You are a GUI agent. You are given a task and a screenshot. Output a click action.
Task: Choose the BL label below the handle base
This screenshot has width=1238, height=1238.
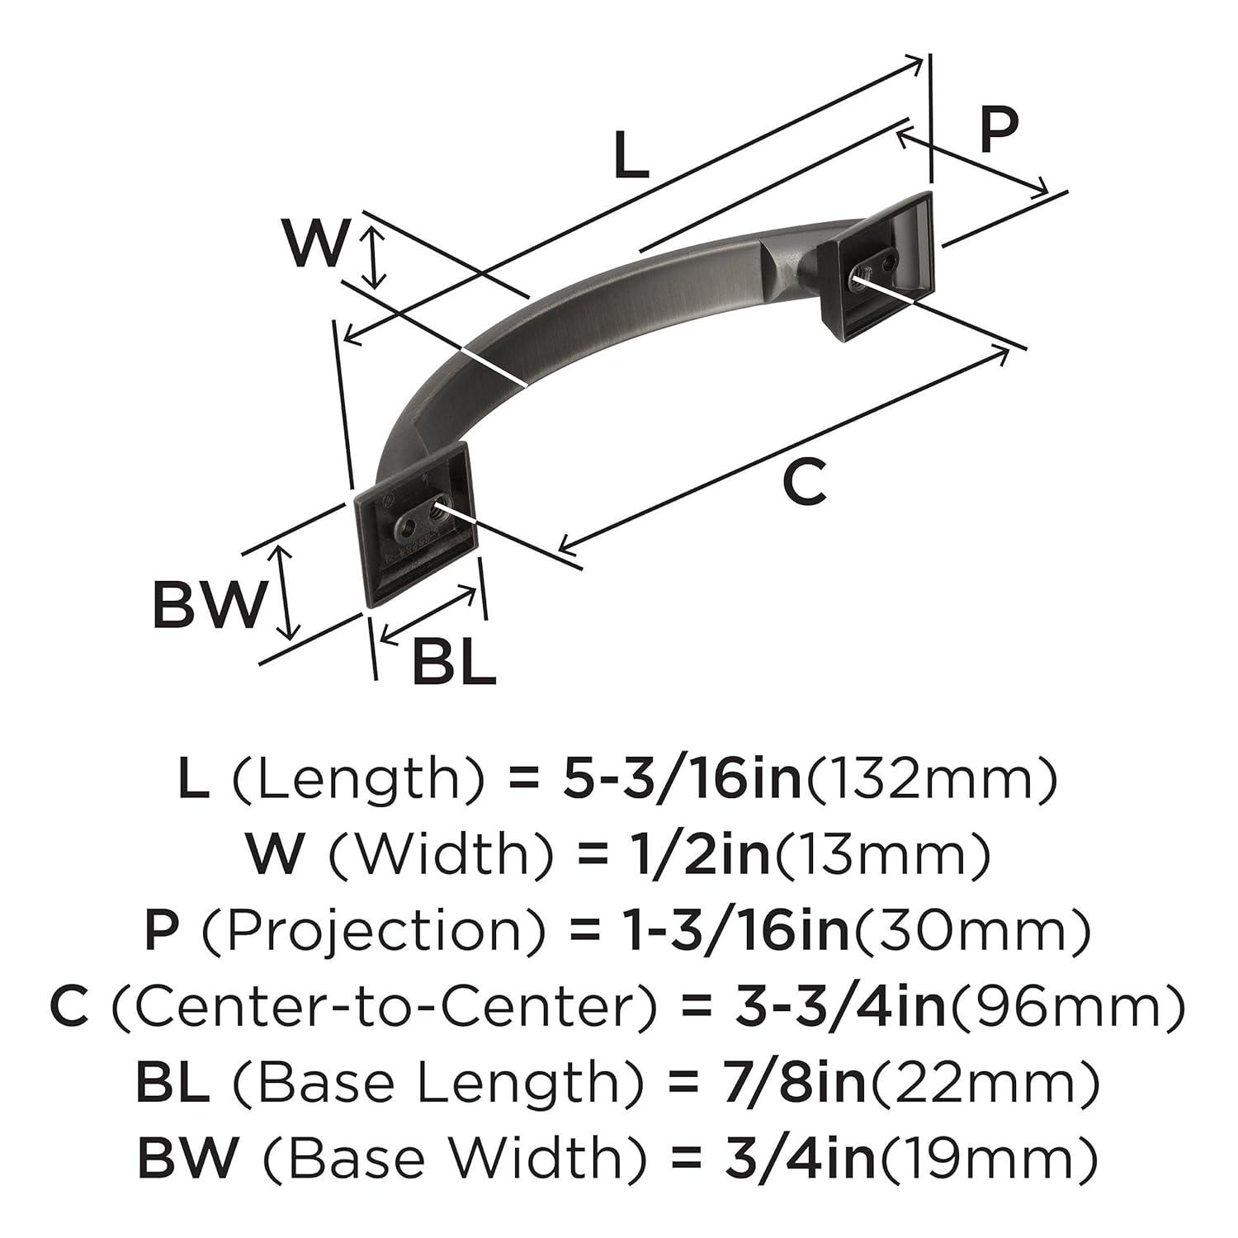coord(453,661)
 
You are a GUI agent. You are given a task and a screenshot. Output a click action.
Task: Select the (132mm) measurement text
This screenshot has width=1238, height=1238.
coord(930,780)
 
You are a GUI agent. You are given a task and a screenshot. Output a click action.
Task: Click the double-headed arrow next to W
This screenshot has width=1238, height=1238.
coord(376,258)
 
